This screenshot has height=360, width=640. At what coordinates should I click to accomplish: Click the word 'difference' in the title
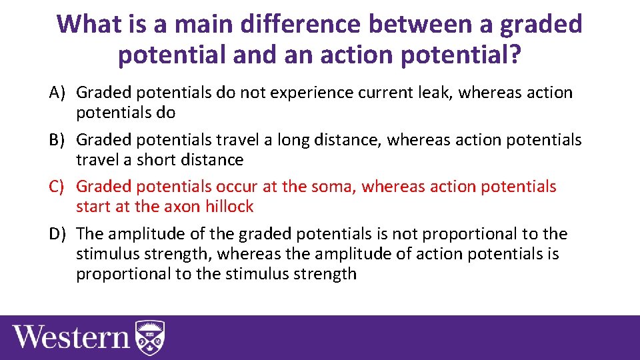(298, 25)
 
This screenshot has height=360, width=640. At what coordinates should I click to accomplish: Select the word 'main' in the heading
(198, 25)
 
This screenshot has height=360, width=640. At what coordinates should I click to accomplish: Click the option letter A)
(59, 93)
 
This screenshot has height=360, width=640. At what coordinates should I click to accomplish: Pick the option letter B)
(59, 140)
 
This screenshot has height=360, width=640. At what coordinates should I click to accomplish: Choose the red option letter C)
(59, 187)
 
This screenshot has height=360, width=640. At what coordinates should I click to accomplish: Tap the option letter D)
(59, 234)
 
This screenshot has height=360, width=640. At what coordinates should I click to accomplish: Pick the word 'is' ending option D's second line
(551, 254)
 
